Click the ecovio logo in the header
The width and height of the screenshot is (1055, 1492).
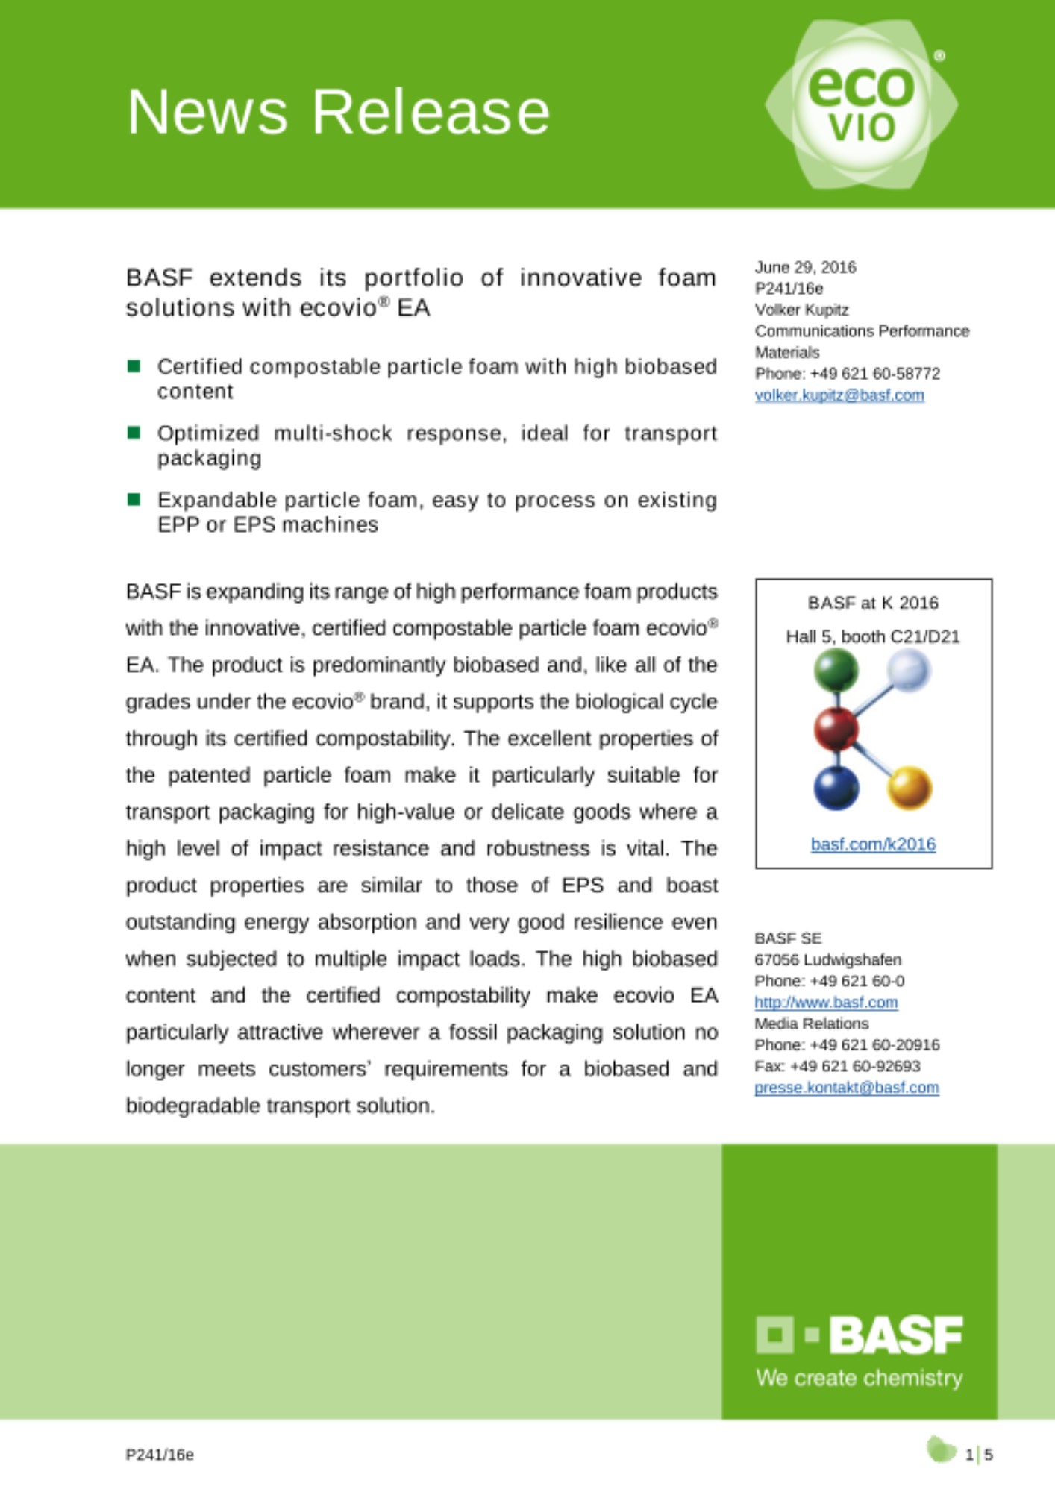click(861, 104)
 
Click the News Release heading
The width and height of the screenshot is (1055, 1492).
click(339, 112)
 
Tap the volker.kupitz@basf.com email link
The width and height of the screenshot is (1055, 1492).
click(839, 395)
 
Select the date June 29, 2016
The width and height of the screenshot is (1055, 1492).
click(805, 267)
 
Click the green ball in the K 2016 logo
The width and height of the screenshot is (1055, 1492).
click(836, 669)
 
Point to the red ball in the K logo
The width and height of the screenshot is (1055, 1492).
click(836, 729)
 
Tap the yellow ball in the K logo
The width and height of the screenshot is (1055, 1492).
click(910, 788)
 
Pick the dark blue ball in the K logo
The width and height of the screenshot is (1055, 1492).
click(836, 789)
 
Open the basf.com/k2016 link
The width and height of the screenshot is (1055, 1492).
click(873, 844)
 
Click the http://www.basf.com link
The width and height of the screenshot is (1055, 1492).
click(826, 1003)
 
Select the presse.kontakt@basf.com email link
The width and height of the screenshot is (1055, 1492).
click(846, 1088)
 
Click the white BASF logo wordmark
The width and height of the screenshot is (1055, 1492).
click(895, 1335)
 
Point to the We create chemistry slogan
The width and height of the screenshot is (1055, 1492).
click(859, 1378)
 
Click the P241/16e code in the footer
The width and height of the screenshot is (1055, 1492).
click(160, 1455)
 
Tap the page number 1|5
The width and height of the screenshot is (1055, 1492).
click(979, 1455)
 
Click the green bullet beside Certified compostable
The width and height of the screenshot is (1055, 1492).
click(134, 366)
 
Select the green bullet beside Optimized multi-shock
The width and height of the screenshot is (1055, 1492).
click(134, 433)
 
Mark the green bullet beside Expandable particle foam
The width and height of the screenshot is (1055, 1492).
click(134, 499)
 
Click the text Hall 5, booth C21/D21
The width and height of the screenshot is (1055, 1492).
click(872, 636)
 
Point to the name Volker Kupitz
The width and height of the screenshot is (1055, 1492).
click(801, 310)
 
